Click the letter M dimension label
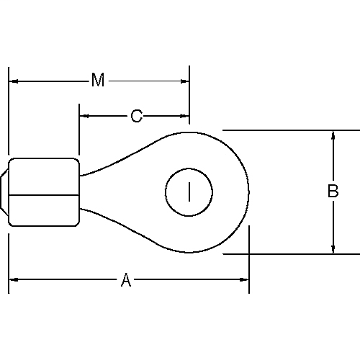(x=98, y=80)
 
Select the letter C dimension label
(x=136, y=115)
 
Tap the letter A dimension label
(x=126, y=280)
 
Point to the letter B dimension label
(x=333, y=192)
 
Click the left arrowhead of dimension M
(x=14, y=81)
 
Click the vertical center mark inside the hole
(x=189, y=192)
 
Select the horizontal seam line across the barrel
(x=43, y=195)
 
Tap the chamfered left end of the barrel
(x=6, y=192)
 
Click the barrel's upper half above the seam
(x=43, y=176)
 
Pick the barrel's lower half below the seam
(x=43, y=210)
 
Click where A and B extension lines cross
(x=249, y=253)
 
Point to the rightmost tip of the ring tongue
(x=249, y=192)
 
